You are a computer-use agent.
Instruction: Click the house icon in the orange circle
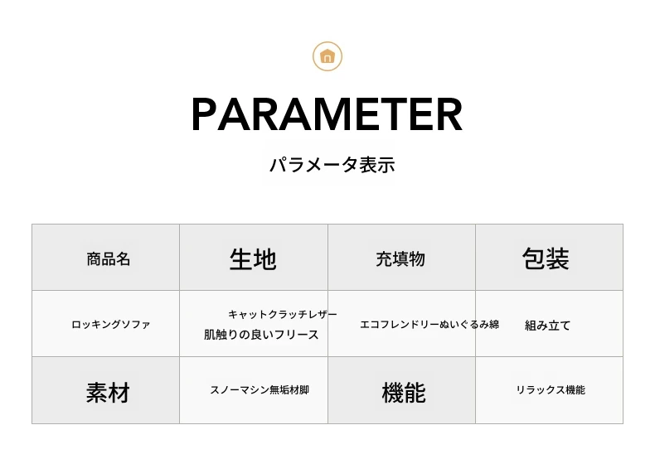(327, 56)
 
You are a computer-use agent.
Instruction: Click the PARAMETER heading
(327, 114)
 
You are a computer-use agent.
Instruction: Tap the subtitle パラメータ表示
(332, 165)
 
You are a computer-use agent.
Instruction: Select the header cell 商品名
(108, 259)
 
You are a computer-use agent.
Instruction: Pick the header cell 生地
(253, 258)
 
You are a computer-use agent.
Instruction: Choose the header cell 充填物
(400, 259)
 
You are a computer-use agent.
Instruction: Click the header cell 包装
(546, 258)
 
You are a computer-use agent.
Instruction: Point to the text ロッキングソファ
(111, 325)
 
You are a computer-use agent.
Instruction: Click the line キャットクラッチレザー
(283, 314)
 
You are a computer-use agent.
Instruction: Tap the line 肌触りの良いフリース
(261, 335)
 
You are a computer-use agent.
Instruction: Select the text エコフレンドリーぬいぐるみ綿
(429, 324)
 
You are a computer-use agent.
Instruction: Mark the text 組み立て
(548, 326)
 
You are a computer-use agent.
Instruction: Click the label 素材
(108, 393)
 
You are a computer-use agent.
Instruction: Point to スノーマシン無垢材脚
(260, 390)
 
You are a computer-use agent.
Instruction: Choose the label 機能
(404, 393)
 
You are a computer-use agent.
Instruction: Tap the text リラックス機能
(551, 390)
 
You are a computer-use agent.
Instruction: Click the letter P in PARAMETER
(204, 114)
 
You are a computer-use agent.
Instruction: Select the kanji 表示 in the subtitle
(377, 165)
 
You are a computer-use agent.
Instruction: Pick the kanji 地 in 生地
(264, 258)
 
